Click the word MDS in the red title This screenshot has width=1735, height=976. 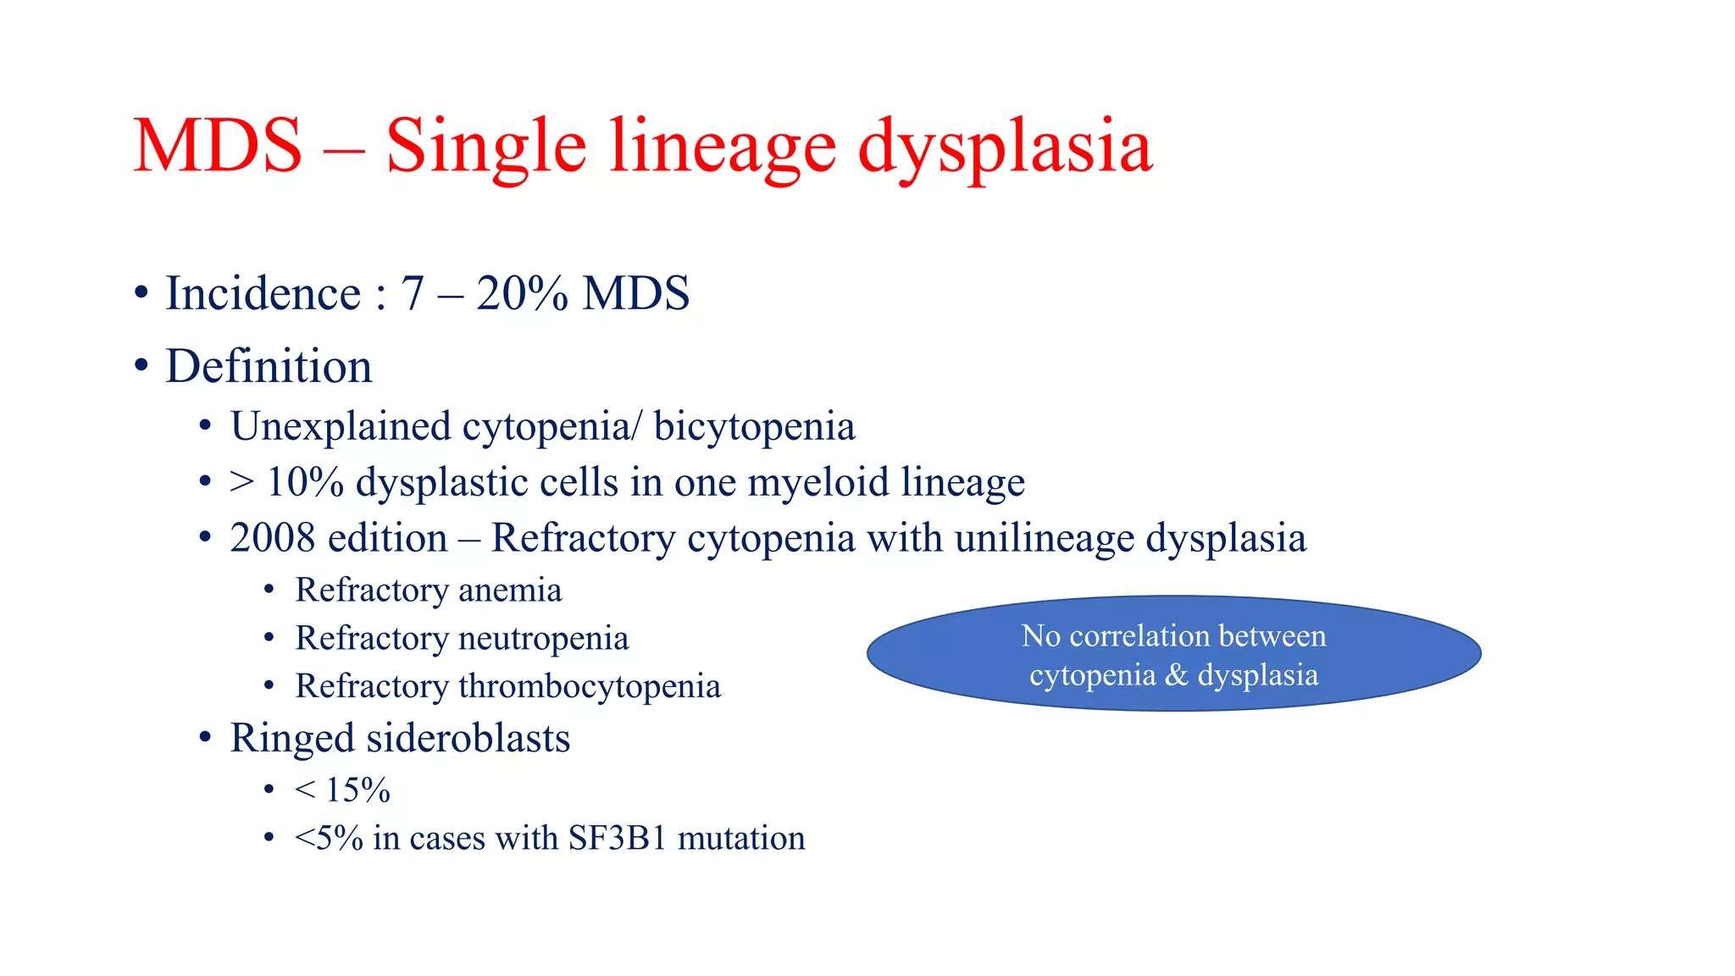[x=218, y=146]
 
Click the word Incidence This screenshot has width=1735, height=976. [x=263, y=294]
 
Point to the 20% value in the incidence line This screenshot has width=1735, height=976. [x=522, y=294]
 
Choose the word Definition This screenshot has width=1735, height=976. [x=269, y=366]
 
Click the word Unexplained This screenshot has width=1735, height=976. [x=340, y=426]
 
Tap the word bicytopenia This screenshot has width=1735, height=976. [x=754, y=426]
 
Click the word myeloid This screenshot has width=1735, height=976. [x=818, y=482]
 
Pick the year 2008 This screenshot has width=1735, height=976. [x=272, y=538]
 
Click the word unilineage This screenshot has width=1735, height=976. [x=1044, y=538]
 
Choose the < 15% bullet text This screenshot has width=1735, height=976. [x=342, y=790]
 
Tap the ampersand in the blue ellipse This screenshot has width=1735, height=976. [x=1176, y=675]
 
